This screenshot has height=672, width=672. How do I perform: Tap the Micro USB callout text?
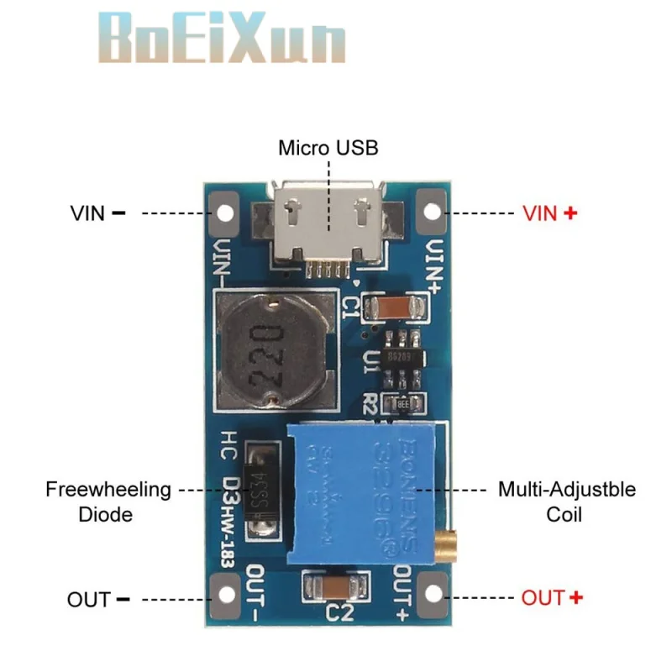point(328,149)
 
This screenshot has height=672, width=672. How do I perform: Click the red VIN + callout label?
point(549,213)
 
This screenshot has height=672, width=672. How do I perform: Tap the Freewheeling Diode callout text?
point(108,501)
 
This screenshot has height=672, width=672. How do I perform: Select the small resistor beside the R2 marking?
point(402,402)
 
